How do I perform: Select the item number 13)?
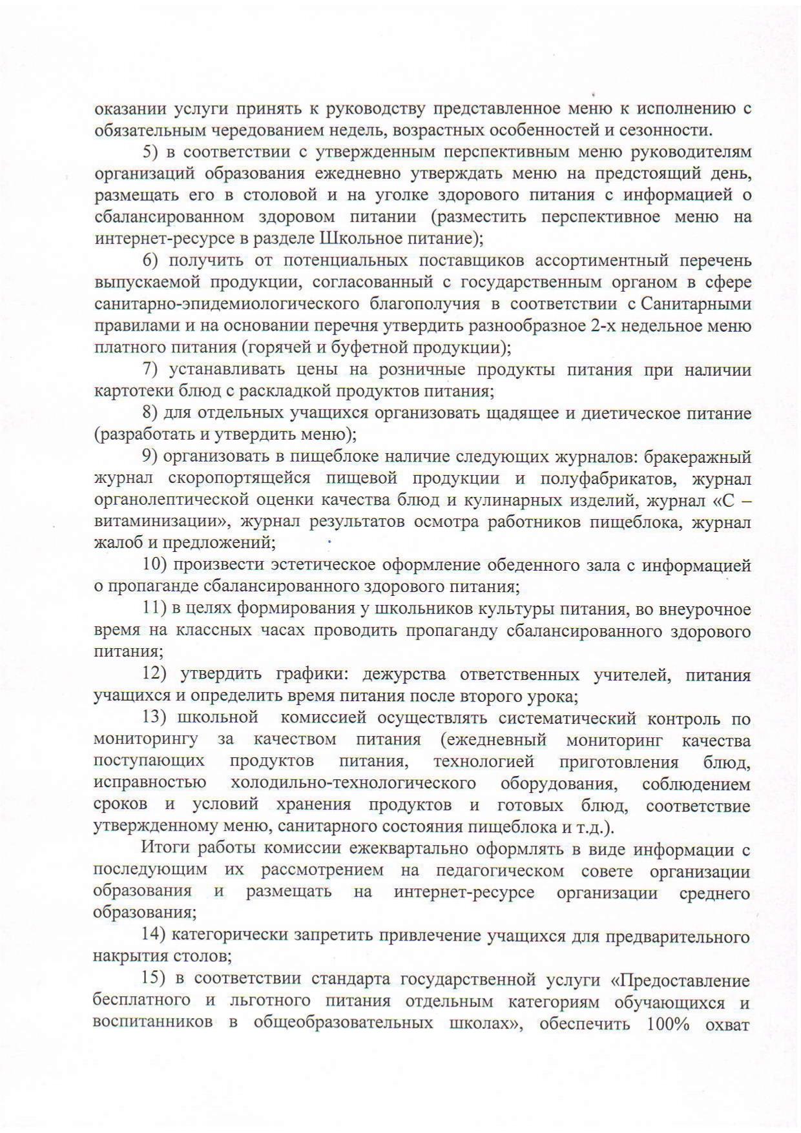(154, 718)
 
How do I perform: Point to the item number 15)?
(154, 979)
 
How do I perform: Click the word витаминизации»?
(146, 522)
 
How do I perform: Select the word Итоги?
(165, 850)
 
